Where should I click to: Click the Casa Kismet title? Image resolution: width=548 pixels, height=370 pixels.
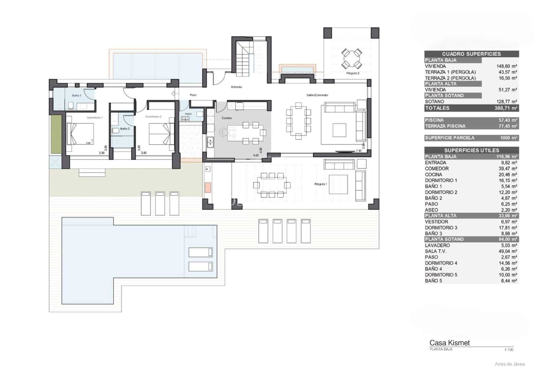pos(449,343)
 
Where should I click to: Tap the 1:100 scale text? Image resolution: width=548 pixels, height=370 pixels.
pos(509,349)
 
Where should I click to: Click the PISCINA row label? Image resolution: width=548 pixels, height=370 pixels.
pos(434,120)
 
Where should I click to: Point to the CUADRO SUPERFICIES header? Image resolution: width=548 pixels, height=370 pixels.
pos(471,54)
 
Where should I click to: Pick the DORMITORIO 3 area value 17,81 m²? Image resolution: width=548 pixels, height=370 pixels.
pos(509,228)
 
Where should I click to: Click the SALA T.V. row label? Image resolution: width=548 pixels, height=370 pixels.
pos(436,251)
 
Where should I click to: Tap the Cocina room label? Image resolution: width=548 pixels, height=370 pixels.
pos(226,118)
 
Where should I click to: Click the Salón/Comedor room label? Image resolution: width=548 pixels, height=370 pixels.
pos(317,95)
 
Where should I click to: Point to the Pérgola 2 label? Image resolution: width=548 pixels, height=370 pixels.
pos(353,73)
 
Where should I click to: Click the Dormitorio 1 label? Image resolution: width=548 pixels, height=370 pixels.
pos(95,117)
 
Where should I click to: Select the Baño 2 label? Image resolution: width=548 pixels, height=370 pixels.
pos(125,129)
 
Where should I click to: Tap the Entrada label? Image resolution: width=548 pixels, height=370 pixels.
pos(236,87)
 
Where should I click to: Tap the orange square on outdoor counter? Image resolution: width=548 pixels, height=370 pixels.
pos(208,187)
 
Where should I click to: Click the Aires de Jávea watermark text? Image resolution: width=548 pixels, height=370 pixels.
pos(509,364)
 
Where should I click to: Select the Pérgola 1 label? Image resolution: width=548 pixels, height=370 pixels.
pos(321,184)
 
